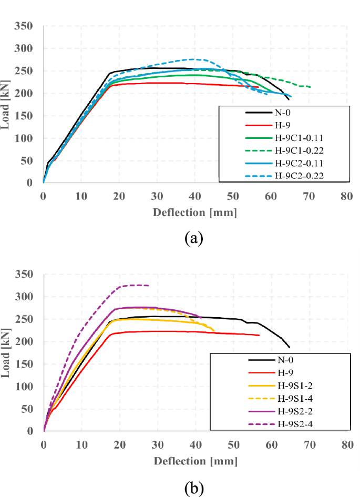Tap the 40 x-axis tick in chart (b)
coord(195,444)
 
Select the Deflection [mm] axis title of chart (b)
coord(194,461)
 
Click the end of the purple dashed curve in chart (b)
coord(149,286)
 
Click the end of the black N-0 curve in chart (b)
coord(289,347)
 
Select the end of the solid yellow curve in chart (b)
coord(214,331)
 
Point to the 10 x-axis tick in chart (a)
coord(81,196)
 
